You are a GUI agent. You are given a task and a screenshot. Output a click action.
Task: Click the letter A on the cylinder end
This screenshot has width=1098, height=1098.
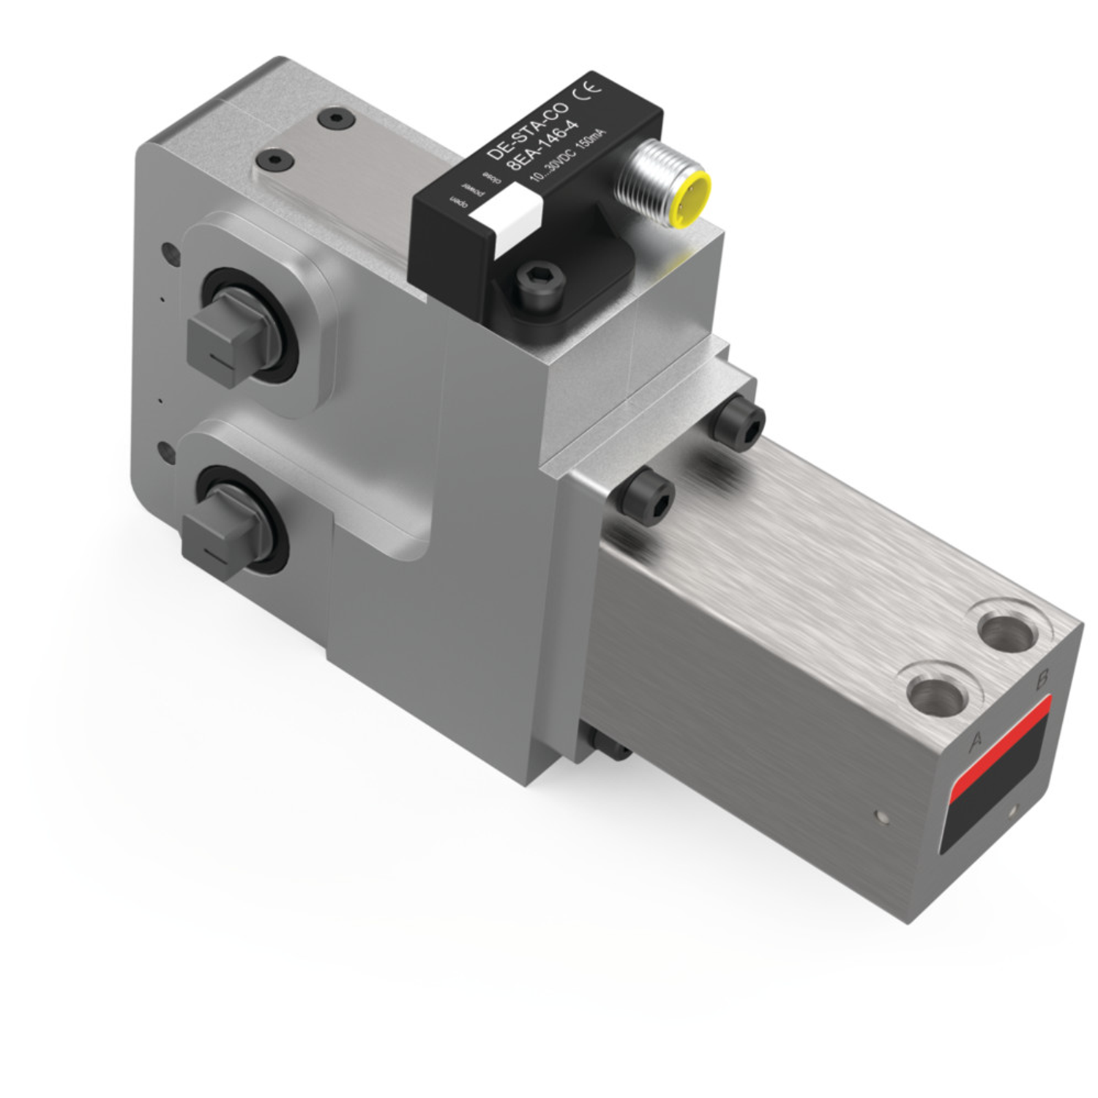coord(975,742)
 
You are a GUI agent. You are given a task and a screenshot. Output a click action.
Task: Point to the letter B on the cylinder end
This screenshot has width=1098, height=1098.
coord(1041,680)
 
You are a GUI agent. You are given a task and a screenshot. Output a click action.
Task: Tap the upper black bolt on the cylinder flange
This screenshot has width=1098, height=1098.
coord(739,423)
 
